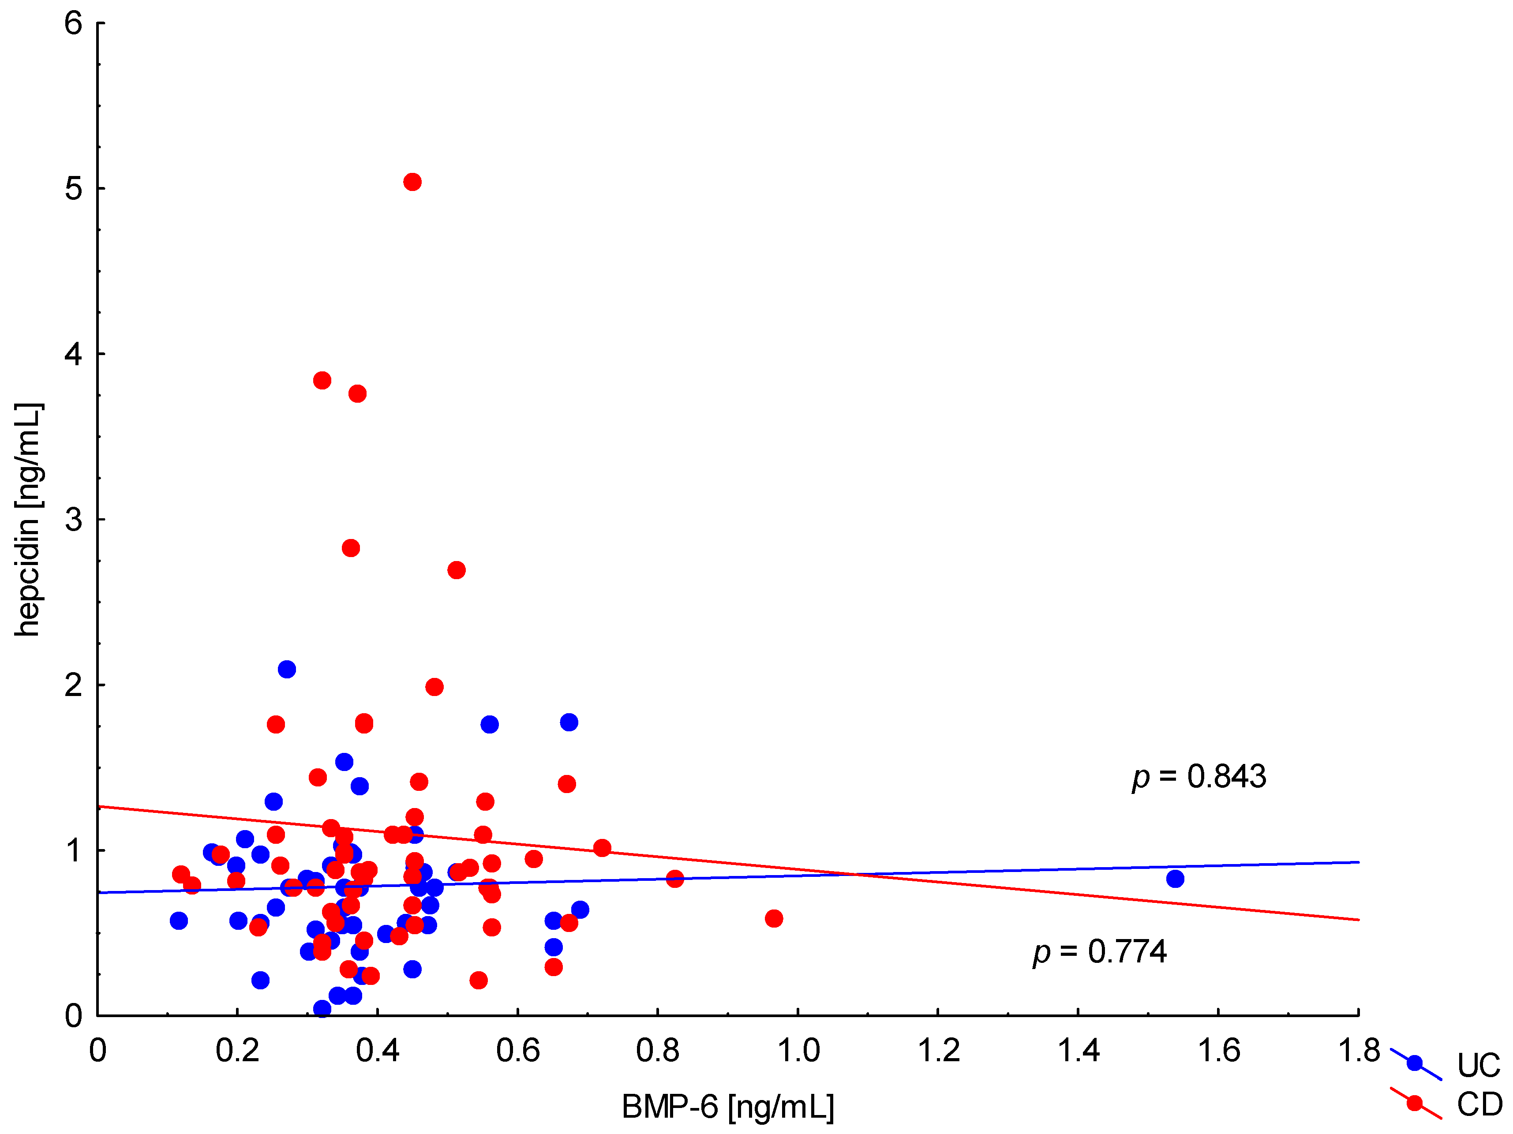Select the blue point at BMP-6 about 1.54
pyautogui.click(x=1175, y=879)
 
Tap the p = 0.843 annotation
pyautogui.click(x=1199, y=776)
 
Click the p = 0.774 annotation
pyautogui.click(x=1100, y=951)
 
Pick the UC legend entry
pyautogui.click(x=1477, y=1065)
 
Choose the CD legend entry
pyautogui.click(x=1477, y=1104)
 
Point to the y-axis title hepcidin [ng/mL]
pyautogui.click(x=29, y=520)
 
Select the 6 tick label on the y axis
pyautogui.click(x=73, y=23)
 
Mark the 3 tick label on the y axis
pyautogui.click(x=73, y=520)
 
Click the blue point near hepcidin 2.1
pyautogui.click(x=287, y=669)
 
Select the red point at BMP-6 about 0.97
pyautogui.click(x=774, y=919)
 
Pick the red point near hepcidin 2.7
pyautogui.click(x=456, y=570)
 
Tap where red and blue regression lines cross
pyautogui.click(x=855, y=874)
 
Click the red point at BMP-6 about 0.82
pyautogui.click(x=674, y=879)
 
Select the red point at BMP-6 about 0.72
pyautogui.click(x=602, y=848)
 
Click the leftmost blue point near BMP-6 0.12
pyautogui.click(x=179, y=921)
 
